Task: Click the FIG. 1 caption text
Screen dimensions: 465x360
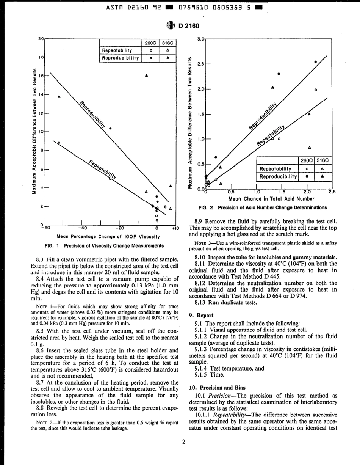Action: tap(104, 245)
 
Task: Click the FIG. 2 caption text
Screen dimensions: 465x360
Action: tap(263, 207)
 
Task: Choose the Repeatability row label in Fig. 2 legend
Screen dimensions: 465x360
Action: tap(275, 169)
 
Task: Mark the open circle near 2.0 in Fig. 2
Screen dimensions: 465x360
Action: tap(316, 90)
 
